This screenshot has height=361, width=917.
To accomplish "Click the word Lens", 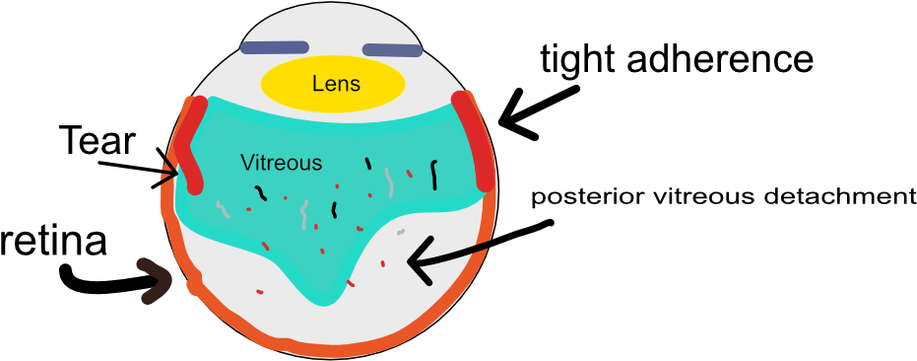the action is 336,84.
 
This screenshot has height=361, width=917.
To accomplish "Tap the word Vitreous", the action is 281,163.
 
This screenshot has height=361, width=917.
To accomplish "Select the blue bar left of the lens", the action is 275,47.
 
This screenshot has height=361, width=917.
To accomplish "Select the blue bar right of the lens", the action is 392,50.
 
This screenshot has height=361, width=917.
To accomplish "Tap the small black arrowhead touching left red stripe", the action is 170,176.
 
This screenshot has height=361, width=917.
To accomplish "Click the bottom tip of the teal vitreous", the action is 317,297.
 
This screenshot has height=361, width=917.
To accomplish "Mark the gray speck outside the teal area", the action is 400,233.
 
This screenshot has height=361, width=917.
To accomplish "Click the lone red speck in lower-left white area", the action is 260,291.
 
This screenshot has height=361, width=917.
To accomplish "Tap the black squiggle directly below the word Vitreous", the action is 261,191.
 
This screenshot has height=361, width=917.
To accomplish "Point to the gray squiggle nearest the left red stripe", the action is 223,209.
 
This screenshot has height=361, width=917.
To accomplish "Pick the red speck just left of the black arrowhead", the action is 383,263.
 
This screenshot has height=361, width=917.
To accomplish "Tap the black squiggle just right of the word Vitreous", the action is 369,163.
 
